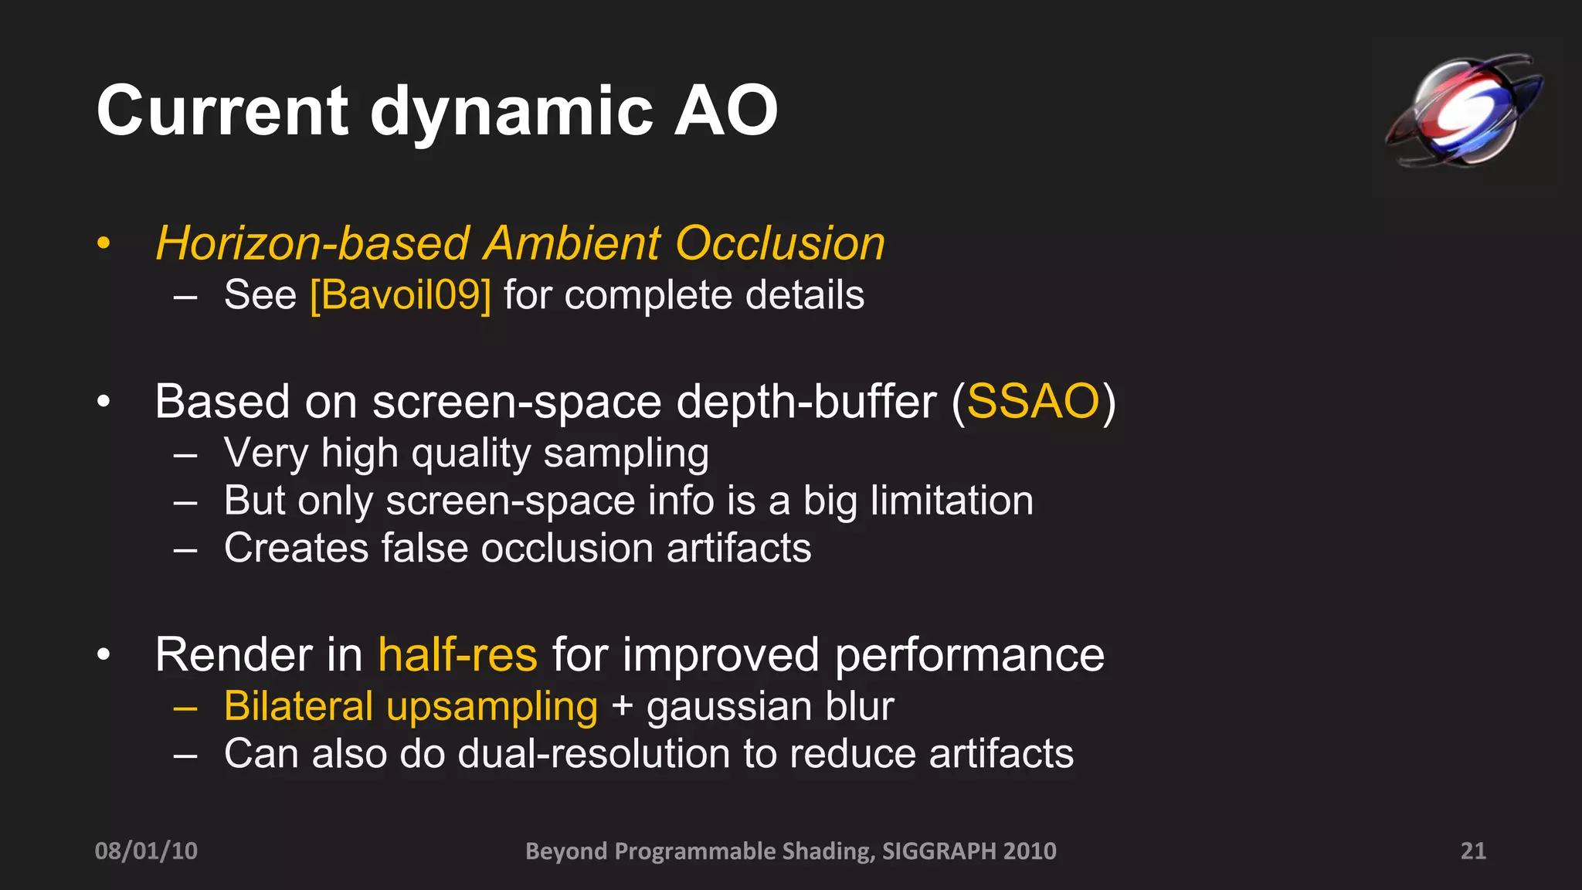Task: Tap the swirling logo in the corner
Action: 1464,110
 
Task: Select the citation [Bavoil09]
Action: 400,295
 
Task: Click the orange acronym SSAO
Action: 1033,402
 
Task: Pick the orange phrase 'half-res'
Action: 457,655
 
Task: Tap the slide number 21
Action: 1472,851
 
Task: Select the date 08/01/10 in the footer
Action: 146,851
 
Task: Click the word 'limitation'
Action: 952,501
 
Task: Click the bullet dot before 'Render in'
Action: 104,655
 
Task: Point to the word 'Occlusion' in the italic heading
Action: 779,243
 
